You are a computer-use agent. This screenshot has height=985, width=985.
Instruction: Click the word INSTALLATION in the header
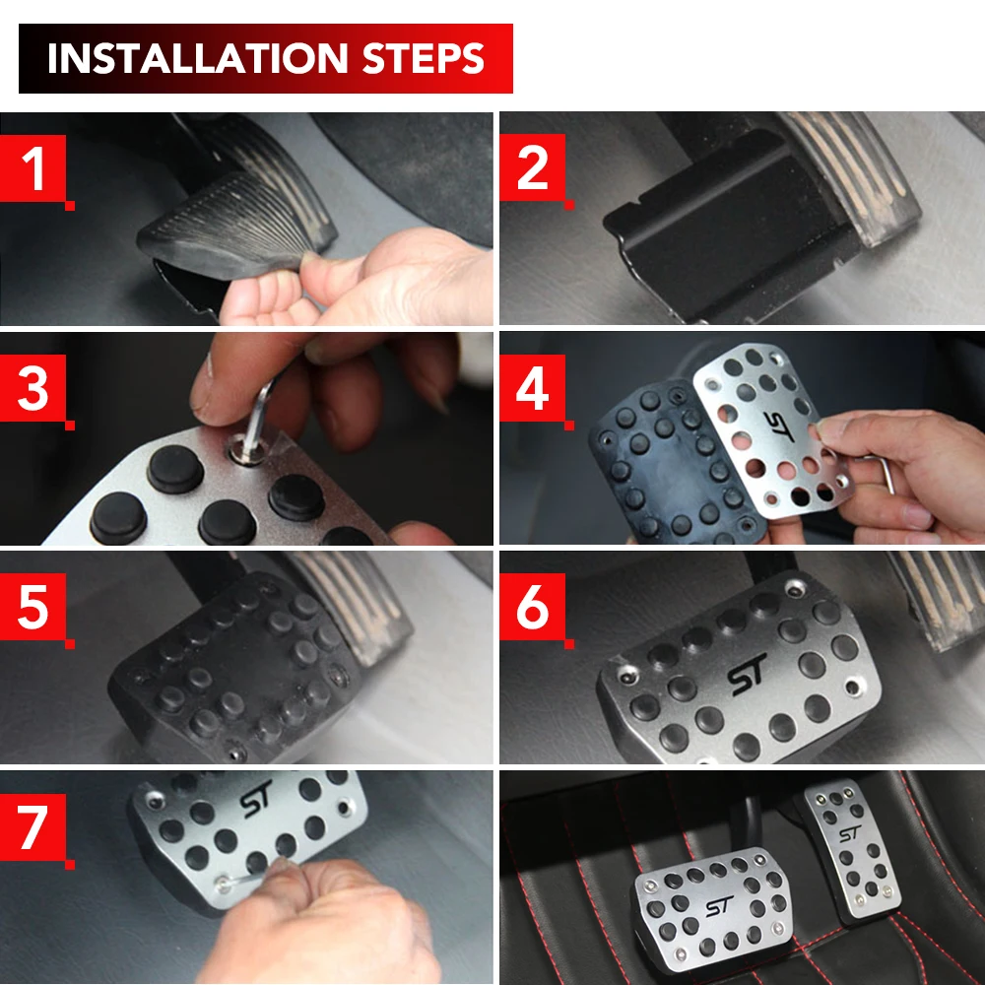(x=197, y=58)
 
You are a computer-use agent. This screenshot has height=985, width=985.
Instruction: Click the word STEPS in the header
(x=424, y=58)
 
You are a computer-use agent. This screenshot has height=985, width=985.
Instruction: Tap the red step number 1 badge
(x=33, y=169)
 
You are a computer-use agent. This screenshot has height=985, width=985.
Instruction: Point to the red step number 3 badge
(x=33, y=388)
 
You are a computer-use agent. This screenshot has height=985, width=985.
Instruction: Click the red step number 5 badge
(x=33, y=607)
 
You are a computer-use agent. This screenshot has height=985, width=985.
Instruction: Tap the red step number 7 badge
(x=33, y=827)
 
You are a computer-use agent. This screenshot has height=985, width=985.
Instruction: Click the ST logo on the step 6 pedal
(x=747, y=675)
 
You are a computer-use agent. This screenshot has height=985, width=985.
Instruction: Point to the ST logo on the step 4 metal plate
(x=779, y=426)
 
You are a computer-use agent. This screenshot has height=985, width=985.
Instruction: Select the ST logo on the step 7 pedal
(x=256, y=799)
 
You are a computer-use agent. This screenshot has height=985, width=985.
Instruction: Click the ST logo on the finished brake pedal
(x=719, y=906)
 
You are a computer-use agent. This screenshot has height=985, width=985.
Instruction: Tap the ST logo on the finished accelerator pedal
(x=849, y=833)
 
